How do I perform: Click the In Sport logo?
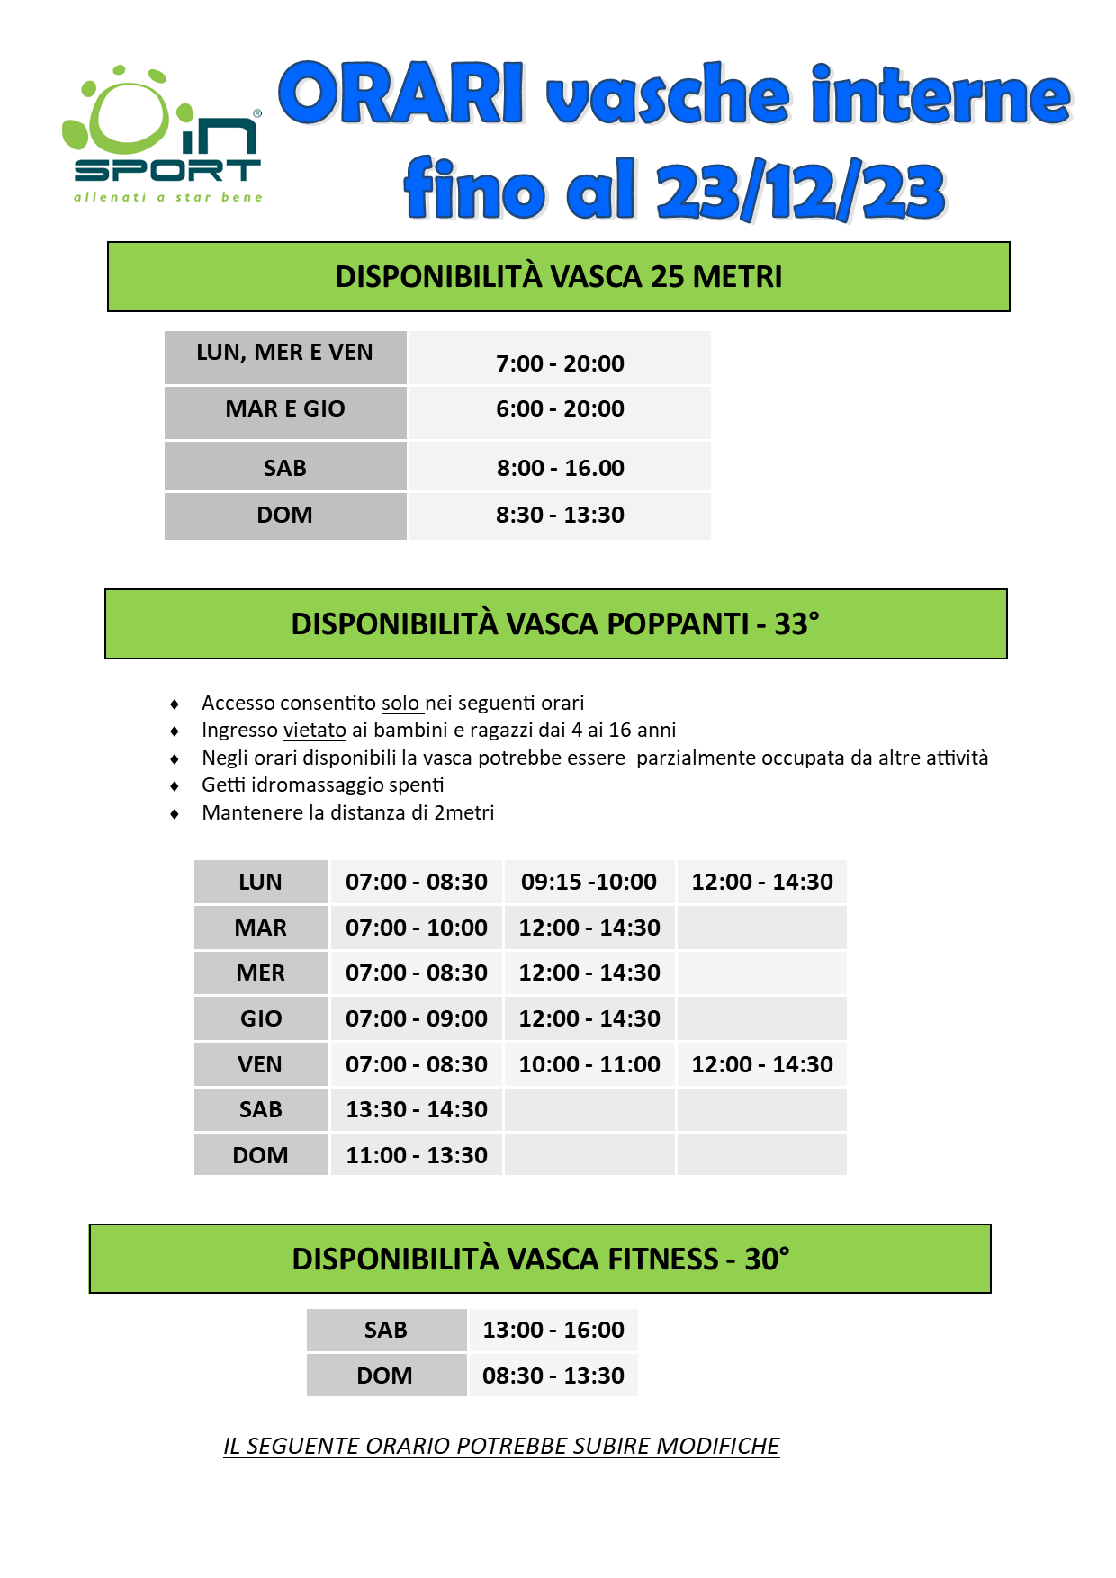[x=162, y=135]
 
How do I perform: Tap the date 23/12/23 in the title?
[x=800, y=191]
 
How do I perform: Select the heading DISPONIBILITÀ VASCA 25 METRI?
[x=558, y=276]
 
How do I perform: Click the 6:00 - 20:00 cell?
[x=560, y=409]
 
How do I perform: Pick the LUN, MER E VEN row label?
[x=284, y=353]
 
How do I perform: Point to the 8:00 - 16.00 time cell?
[x=560, y=469]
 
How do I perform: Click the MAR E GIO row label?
[x=284, y=409]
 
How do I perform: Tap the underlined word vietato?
[x=314, y=730]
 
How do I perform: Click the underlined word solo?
[x=401, y=703]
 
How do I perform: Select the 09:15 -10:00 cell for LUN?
[x=589, y=882]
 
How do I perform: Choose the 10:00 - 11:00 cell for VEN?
[x=589, y=1064]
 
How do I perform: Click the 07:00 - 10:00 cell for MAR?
[x=416, y=928]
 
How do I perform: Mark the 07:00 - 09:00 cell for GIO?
[x=416, y=1018]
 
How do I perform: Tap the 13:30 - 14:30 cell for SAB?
[x=416, y=1109]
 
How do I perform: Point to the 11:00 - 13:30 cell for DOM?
[x=416, y=1155]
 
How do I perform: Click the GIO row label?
[x=261, y=1018]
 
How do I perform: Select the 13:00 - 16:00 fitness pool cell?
[x=553, y=1330]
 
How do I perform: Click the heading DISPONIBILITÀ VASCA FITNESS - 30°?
[x=540, y=1259]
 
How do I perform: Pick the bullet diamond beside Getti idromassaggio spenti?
[x=175, y=786]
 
